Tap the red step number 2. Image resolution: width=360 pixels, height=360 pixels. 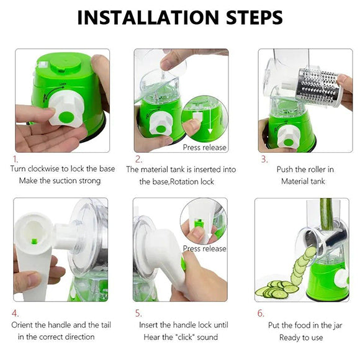[x=138, y=160]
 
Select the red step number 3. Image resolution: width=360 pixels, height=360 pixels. [x=264, y=160]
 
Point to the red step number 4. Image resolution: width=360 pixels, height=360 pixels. [x=16, y=313]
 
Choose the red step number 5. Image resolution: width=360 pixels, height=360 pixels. [x=138, y=313]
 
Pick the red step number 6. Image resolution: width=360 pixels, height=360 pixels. [x=261, y=313]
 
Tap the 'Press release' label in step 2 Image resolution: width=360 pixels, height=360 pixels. [x=205, y=148]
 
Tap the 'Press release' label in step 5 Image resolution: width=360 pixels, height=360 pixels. [x=205, y=248]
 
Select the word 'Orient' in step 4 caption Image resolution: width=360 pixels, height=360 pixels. [x=24, y=325]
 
